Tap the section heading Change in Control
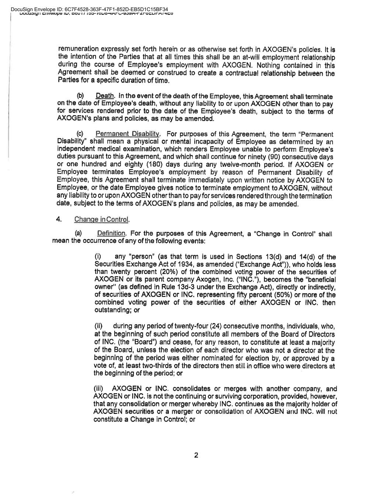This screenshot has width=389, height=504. (x=102, y=219)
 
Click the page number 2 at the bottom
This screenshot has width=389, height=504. (x=196, y=455)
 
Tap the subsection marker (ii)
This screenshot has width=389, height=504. (x=99, y=326)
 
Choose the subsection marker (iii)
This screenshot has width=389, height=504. (x=100, y=389)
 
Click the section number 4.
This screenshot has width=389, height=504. (x=59, y=219)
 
